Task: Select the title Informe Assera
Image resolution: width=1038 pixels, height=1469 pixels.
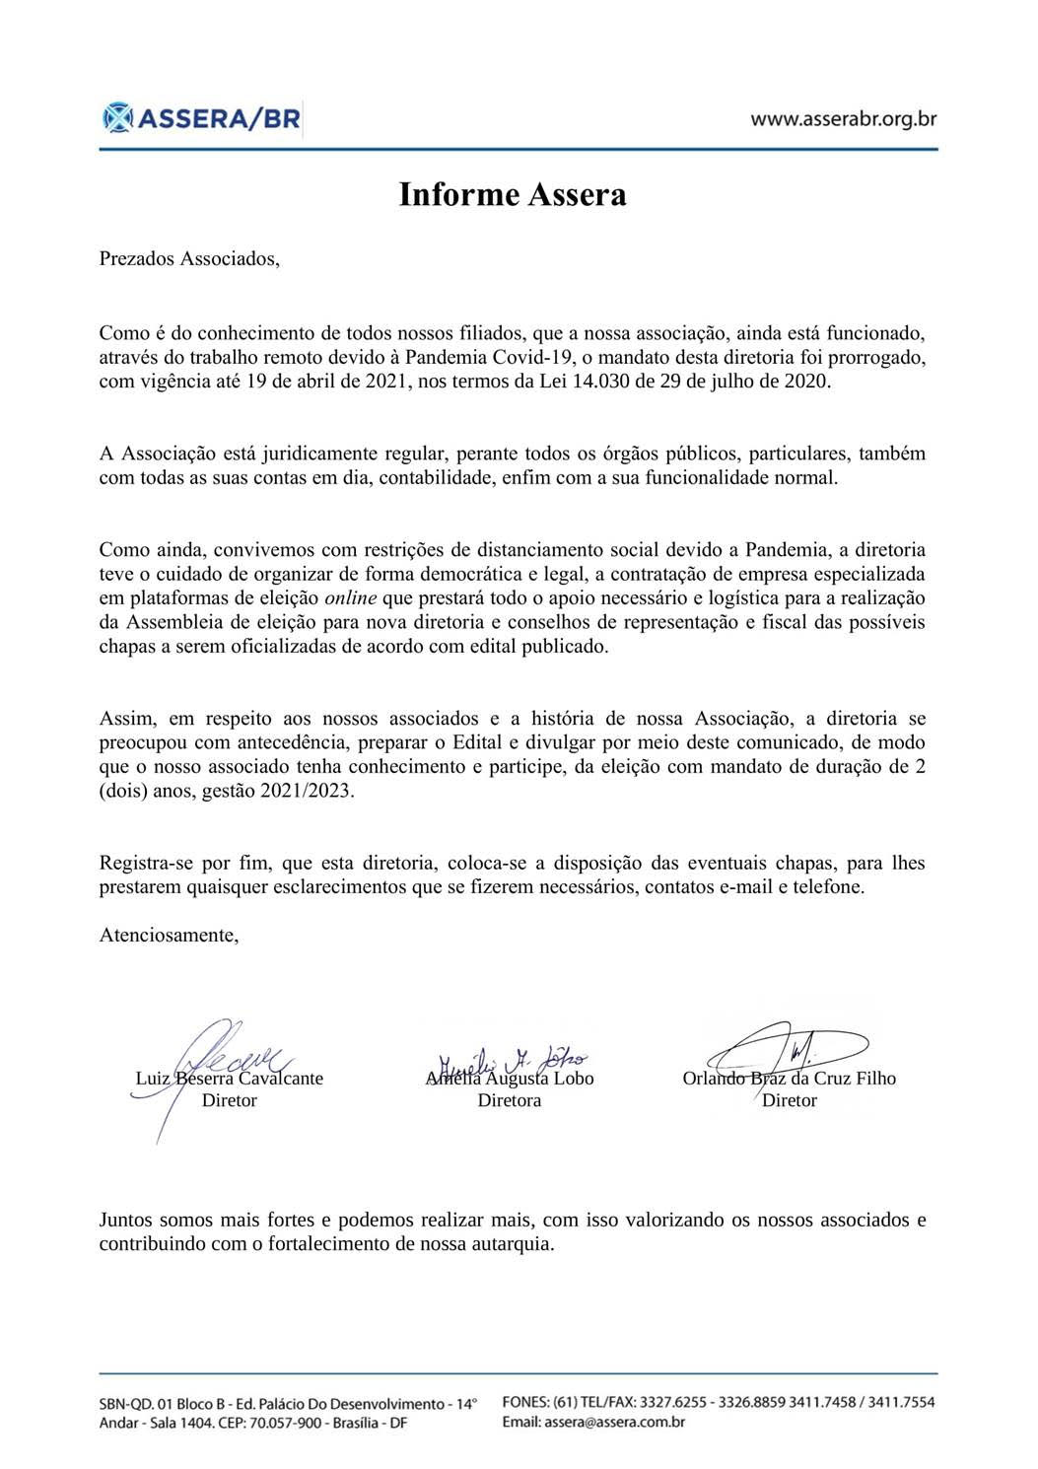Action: click(x=512, y=194)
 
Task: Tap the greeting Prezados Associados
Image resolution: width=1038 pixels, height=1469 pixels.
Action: click(x=189, y=259)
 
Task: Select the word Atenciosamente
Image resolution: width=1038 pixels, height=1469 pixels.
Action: click(x=169, y=935)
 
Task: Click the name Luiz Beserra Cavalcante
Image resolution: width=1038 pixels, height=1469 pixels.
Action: click(x=229, y=1078)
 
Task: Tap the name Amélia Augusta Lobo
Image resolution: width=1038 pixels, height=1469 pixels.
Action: click(x=510, y=1078)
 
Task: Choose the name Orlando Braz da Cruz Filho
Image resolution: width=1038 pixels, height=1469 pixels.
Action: click(x=789, y=1078)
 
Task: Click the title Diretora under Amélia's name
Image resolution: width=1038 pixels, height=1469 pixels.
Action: click(x=510, y=1099)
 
